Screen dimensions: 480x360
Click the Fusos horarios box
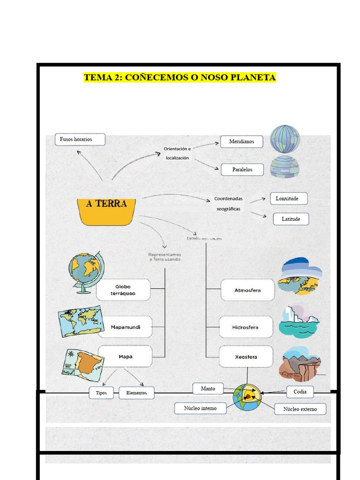click(x=80, y=139)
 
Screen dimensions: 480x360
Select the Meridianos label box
click(x=241, y=141)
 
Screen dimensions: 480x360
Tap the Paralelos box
click(x=242, y=169)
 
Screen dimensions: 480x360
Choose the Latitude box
click(x=291, y=219)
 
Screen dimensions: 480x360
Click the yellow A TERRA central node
click(x=106, y=211)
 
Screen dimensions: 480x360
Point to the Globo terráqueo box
click(x=123, y=290)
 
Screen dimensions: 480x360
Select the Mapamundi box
click(x=125, y=327)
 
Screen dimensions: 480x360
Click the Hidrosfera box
click(x=246, y=327)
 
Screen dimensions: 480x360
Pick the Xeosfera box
click(x=246, y=357)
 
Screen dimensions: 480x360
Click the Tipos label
click(x=101, y=393)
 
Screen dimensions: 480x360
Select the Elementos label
click(x=136, y=393)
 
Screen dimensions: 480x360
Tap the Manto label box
click(x=208, y=389)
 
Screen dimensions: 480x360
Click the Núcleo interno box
click(x=200, y=408)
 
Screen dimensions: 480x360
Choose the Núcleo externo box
click(x=300, y=409)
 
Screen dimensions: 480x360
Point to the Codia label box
click(x=300, y=391)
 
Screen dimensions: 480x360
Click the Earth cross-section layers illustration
click(x=247, y=397)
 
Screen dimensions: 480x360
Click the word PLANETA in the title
click(x=253, y=77)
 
